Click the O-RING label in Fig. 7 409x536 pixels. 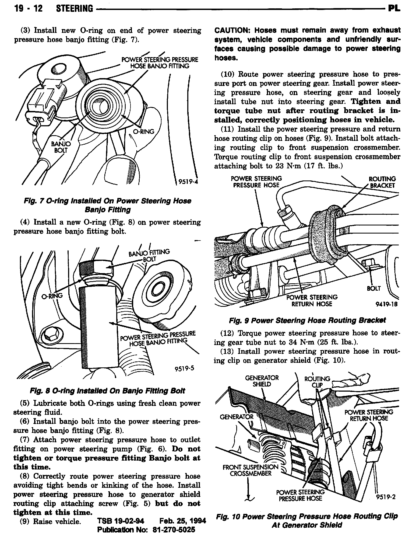(x=144, y=132)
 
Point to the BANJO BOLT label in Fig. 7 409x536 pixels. (x=61, y=147)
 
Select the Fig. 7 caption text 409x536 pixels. (x=107, y=205)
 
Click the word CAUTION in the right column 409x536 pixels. (x=232, y=30)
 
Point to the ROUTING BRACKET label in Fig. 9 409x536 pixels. (x=382, y=182)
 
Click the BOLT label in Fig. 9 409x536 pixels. (x=374, y=288)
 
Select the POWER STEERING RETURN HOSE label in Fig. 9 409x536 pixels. (x=312, y=300)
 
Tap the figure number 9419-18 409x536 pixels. (x=386, y=304)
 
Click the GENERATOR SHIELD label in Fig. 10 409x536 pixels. (x=262, y=381)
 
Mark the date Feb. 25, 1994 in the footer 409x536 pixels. (x=182, y=520)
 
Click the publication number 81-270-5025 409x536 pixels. (x=174, y=530)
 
